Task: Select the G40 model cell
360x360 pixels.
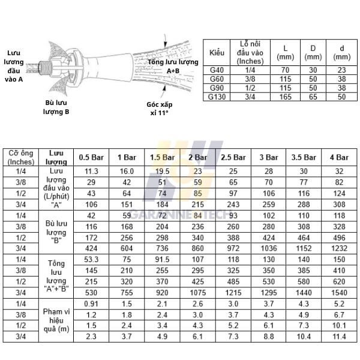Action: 216,70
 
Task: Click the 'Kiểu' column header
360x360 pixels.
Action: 216,53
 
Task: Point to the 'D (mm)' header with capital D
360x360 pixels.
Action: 312,53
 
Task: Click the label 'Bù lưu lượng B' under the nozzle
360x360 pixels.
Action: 58,107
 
